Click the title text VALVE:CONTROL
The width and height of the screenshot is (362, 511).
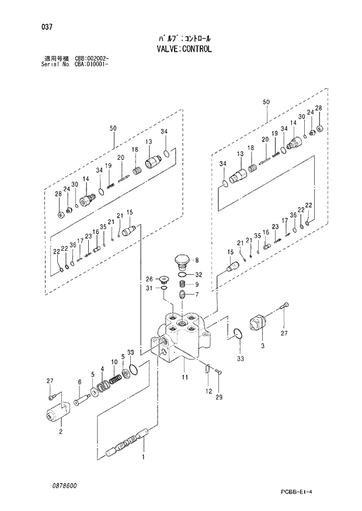pos(180,50)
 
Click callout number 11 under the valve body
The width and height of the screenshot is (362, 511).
pos(185,378)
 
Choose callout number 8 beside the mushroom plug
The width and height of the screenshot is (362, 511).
pos(197,260)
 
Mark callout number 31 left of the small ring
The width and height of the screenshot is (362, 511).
pos(149,288)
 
